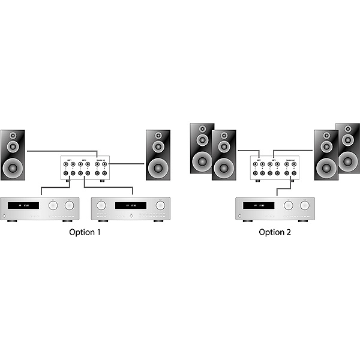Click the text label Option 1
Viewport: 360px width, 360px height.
coord(84,232)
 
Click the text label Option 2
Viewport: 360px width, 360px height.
coord(275,232)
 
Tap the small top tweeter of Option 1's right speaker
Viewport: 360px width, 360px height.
coord(158,136)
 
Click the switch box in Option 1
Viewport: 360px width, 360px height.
coord(85,169)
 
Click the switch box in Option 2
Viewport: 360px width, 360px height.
coord(274,169)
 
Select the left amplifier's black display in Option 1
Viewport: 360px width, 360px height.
coord(25,206)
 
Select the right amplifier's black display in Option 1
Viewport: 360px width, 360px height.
coord(131,206)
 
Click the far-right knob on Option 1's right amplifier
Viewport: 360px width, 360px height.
coord(160,205)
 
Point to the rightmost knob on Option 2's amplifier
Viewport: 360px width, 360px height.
coord(305,205)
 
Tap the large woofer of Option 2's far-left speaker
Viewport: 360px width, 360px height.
coord(202,160)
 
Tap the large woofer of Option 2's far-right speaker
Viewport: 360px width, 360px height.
coord(349,160)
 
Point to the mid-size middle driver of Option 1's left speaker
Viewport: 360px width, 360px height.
coord(13,147)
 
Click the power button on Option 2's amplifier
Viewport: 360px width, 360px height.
coord(241,214)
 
